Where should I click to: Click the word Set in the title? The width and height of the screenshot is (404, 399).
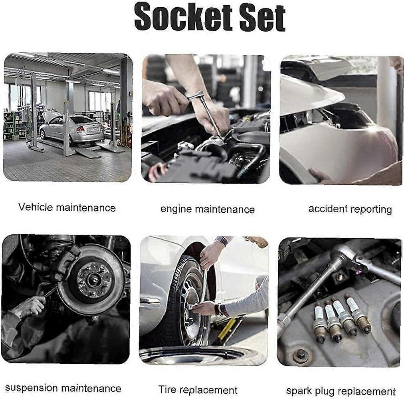pos(262,17)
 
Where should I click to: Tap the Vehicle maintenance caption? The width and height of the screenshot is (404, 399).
pos(67,207)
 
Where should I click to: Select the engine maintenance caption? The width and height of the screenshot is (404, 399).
pos(208,209)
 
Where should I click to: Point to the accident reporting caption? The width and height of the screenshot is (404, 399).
pos(350,209)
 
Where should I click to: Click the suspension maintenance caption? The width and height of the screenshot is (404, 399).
pos(63,388)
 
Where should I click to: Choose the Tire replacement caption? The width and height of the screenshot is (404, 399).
pos(198,389)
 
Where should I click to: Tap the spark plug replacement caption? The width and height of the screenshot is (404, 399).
pos(341,391)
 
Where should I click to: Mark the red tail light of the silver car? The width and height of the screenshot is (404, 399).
pos(80,129)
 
